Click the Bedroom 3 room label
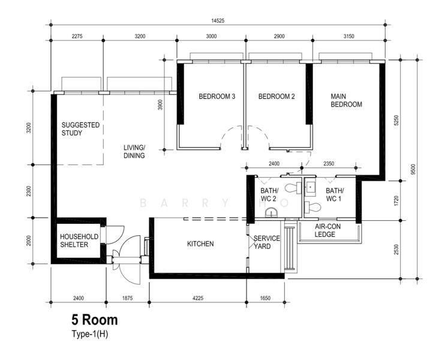click(217, 97)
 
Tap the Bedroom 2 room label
click(276, 97)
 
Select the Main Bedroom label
click(346, 100)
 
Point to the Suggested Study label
click(80, 129)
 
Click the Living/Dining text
click(134, 151)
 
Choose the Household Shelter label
click(79, 241)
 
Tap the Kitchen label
click(200, 244)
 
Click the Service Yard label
click(267, 242)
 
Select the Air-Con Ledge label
click(327, 230)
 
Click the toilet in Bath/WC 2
click(293, 188)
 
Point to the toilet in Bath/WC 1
click(313, 208)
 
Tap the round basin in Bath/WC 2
click(272, 212)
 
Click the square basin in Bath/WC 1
click(311, 187)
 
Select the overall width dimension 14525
click(218, 20)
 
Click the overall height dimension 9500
click(413, 169)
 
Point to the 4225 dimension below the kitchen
click(198, 298)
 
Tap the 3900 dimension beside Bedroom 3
click(160, 104)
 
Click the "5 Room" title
click(95, 320)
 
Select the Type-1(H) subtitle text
click(89, 334)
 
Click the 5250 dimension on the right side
click(396, 121)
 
